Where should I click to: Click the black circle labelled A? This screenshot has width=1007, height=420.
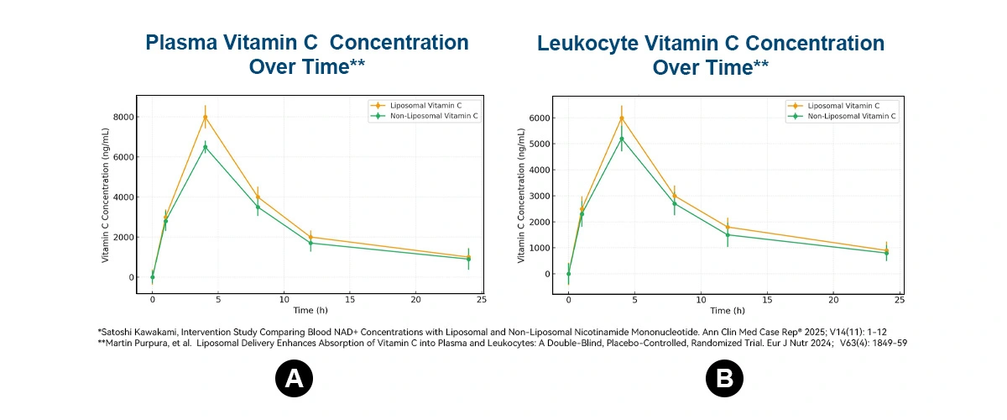[294, 380]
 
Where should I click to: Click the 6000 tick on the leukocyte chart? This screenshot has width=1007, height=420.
[540, 118]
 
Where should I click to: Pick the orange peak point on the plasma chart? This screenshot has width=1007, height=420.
[205, 117]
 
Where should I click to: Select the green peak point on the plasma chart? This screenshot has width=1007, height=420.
[205, 147]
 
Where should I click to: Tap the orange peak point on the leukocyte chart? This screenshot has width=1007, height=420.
[622, 118]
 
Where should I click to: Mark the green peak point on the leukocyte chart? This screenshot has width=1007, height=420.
[622, 139]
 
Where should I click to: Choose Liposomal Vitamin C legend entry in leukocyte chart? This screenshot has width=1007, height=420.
[843, 106]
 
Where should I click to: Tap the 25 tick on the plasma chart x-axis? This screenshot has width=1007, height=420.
[482, 299]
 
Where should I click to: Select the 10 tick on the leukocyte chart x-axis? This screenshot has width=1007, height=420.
[701, 299]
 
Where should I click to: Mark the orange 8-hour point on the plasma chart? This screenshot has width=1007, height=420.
[258, 197]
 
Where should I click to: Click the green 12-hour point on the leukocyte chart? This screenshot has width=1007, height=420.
[728, 234]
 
